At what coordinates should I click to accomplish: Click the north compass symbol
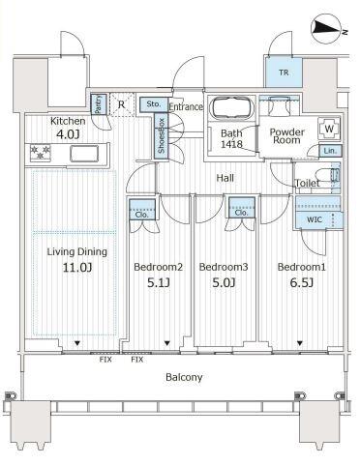click(x=328, y=30)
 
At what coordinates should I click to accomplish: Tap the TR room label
click(x=284, y=73)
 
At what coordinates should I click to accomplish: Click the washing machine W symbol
click(x=329, y=129)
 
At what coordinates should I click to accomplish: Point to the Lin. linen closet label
click(x=330, y=151)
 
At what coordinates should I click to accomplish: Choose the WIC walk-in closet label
click(x=314, y=219)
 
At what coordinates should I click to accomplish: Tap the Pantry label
click(x=98, y=104)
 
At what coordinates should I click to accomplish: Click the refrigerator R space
click(x=122, y=104)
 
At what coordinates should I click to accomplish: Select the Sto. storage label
click(x=153, y=104)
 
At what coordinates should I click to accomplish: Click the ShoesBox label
click(x=162, y=135)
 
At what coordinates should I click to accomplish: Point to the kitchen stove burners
click(x=40, y=152)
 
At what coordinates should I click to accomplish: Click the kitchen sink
click(x=84, y=153)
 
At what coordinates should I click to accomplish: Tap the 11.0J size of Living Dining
click(x=77, y=267)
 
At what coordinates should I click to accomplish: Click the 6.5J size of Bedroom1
click(x=301, y=282)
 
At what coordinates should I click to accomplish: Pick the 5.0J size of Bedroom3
click(x=224, y=282)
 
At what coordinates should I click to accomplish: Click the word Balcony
click(x=184, y=377)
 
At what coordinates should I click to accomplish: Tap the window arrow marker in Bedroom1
click(x=300, y=343)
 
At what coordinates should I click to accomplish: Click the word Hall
click(x=225, y=178)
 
